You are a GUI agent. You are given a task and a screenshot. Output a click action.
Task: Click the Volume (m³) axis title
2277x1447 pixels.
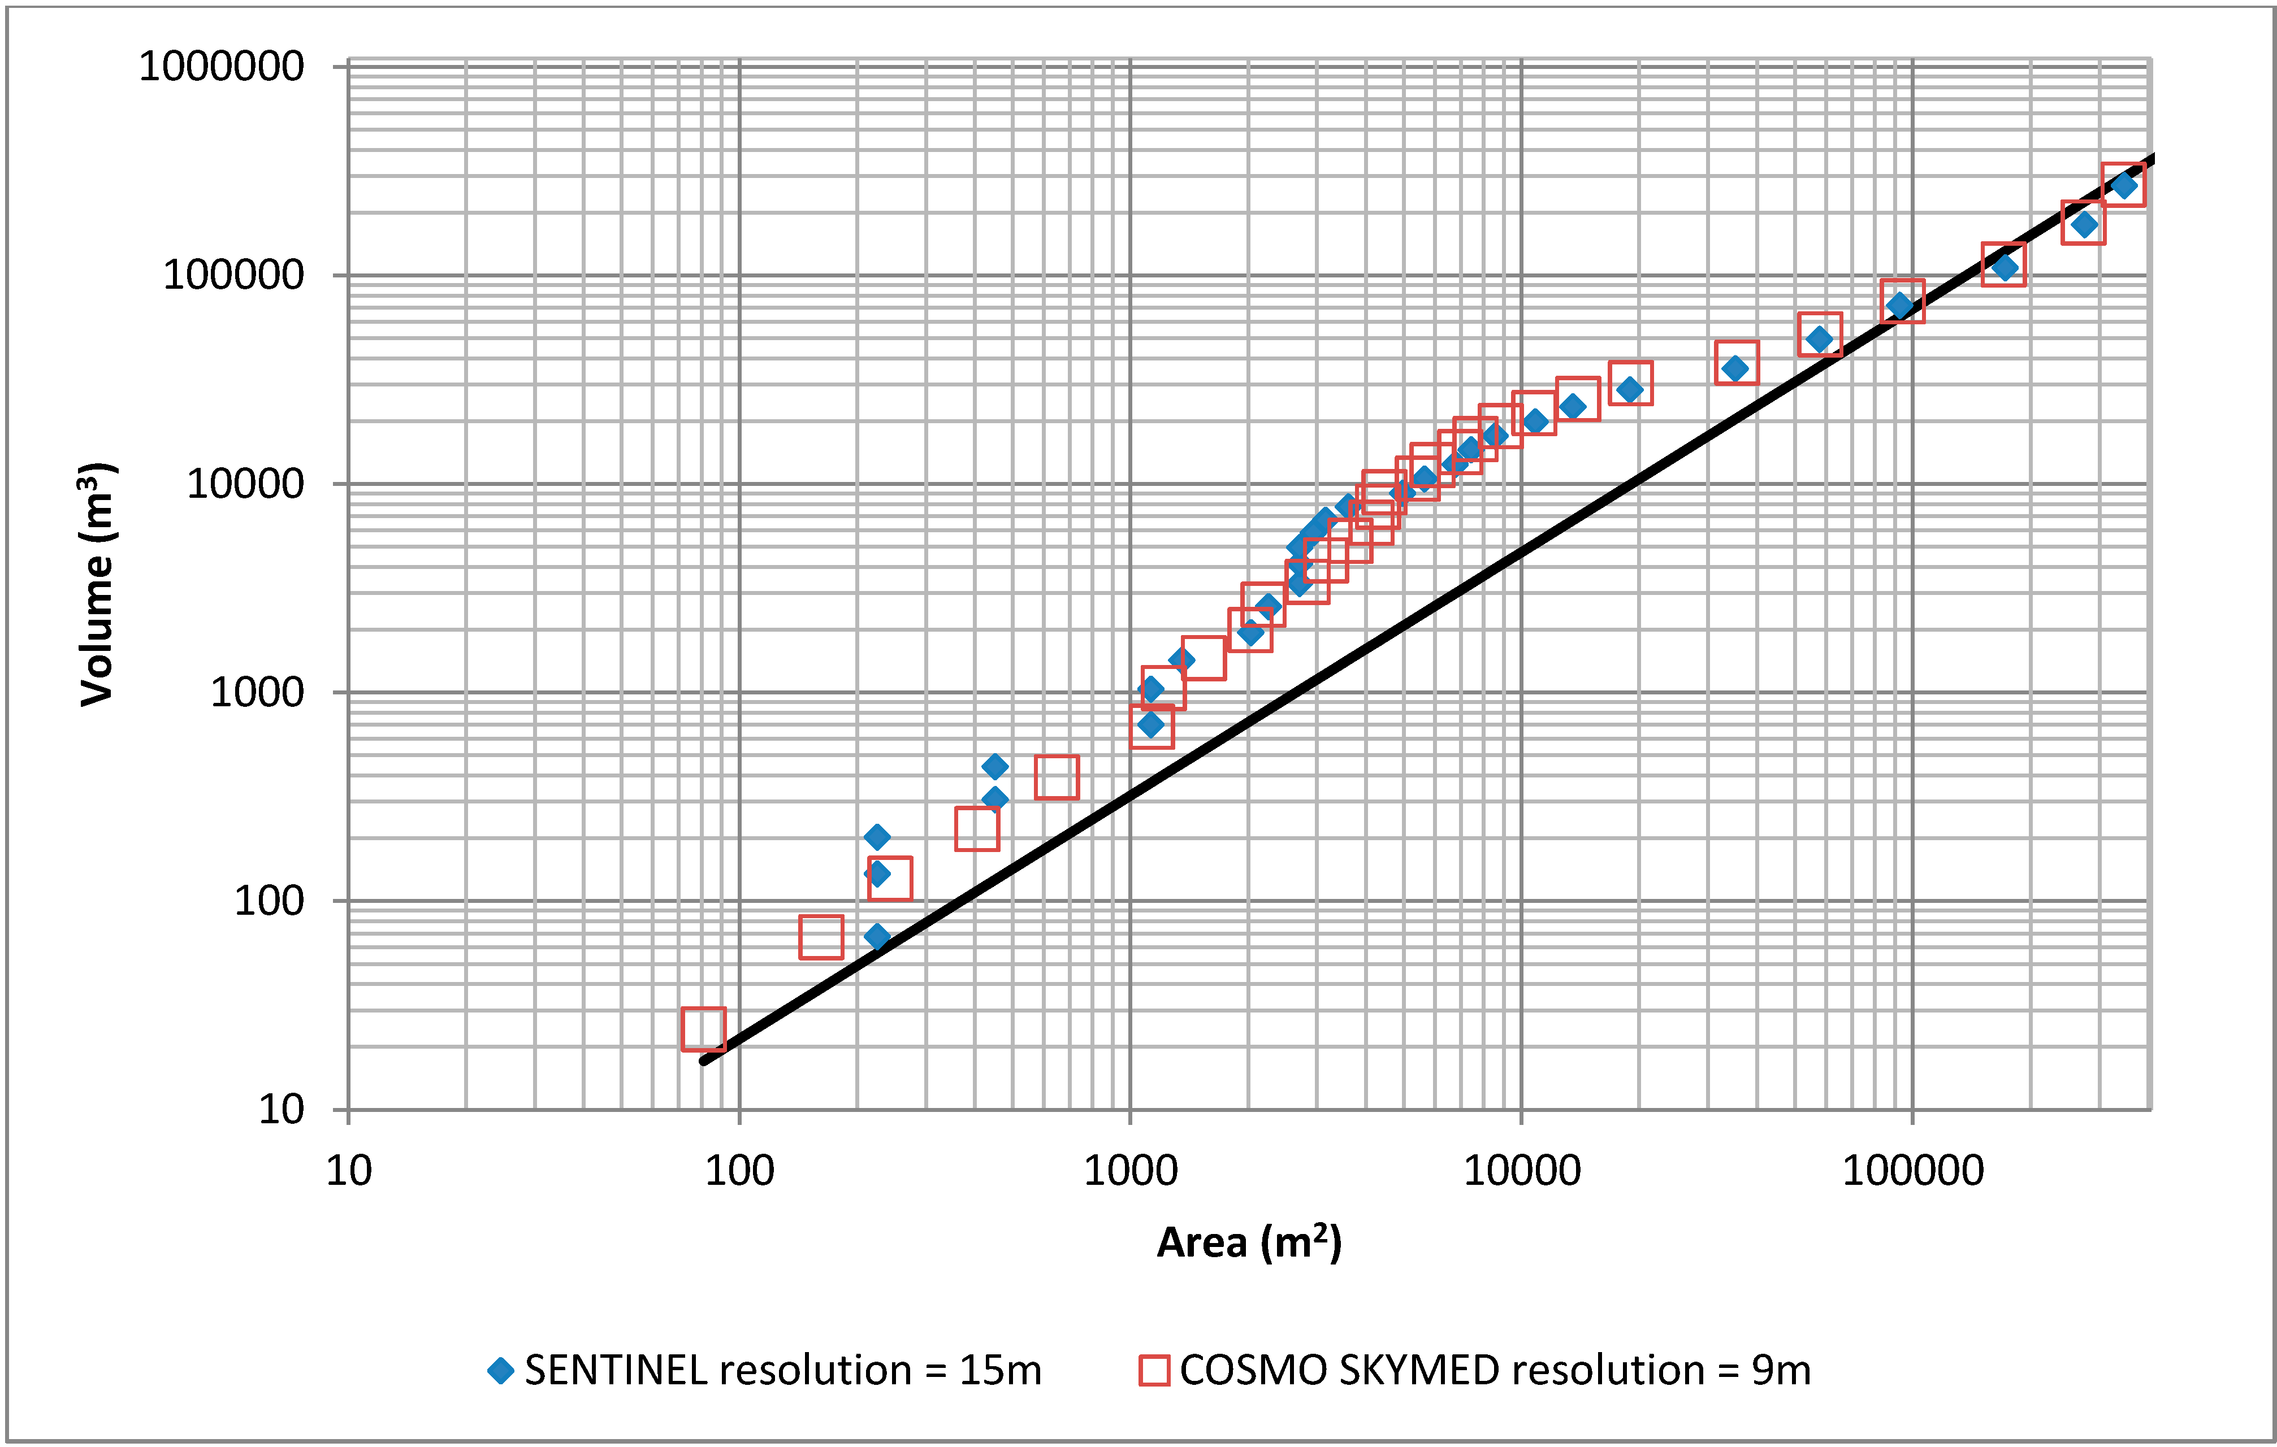click(97, 584)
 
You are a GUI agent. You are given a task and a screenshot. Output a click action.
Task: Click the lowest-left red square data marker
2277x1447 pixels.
click(704, 1028)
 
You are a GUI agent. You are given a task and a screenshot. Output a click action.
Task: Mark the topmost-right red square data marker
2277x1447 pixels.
click(2123, 184)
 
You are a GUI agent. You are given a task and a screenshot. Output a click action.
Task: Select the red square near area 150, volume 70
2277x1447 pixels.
click(821, 937)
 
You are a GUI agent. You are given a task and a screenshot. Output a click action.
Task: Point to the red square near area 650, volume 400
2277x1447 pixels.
click(1056, 777)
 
